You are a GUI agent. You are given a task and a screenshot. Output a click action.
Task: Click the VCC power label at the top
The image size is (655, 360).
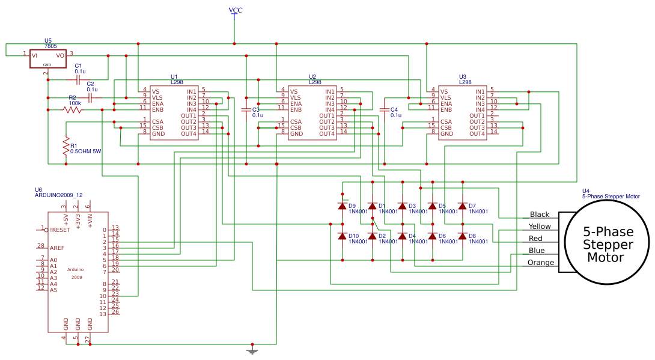(x=236, y=10)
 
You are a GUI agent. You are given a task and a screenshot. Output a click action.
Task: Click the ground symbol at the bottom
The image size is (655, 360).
(x=252, y=350)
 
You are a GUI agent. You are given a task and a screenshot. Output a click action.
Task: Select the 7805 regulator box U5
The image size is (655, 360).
(x=47, y=58)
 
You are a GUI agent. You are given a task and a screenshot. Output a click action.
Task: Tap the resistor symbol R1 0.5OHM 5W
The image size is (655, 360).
(x=66, y=147)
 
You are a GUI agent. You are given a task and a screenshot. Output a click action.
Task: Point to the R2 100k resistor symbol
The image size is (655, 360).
(x=72, y=109)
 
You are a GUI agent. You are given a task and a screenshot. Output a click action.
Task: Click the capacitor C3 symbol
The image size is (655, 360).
(x=246, y=109)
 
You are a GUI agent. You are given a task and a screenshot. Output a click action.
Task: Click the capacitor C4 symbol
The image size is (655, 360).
(x=385, y=109)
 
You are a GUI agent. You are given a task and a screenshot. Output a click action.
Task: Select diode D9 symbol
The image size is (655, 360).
(x=343, y=206)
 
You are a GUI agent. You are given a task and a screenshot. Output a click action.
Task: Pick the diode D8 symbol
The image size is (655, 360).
(x=463, y=236)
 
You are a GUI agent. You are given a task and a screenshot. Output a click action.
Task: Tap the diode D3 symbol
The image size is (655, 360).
(x=403, y=206)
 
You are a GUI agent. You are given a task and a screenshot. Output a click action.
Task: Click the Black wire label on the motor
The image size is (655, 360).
(x=539, y=215)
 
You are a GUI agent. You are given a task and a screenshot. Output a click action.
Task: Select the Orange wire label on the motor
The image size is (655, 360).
(x=540, y=263)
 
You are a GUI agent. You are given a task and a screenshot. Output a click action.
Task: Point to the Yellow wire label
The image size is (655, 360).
(x=539, y=227)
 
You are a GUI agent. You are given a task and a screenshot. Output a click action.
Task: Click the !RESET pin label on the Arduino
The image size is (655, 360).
(x=60, y=230)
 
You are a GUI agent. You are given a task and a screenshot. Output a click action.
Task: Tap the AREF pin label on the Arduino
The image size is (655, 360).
(x=57, y=248)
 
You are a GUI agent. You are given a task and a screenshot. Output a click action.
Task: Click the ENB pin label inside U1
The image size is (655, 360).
(x=157, y=109)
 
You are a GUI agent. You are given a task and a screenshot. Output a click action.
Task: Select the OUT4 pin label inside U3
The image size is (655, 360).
(x=477, y=133)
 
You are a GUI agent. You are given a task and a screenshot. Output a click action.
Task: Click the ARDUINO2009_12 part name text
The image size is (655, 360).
(x=59, y=195)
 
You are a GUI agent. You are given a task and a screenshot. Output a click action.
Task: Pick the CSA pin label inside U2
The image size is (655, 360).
(x=296, y=121)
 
